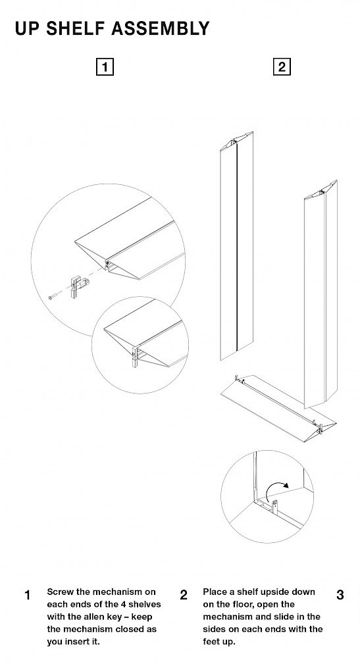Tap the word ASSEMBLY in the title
[161, 28]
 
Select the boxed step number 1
[105, 67]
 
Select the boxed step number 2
[282, 67]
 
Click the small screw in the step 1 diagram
[51, 297]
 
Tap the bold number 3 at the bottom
[340, 595]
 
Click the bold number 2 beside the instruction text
[184, 595]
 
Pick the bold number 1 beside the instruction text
[28, 595]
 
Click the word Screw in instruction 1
[61, 592]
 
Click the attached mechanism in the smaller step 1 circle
[136, 357]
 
